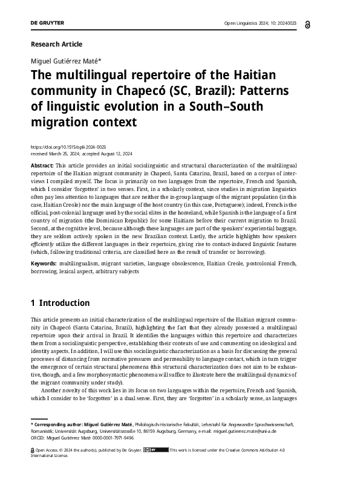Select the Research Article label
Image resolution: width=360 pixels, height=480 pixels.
coord(56,44)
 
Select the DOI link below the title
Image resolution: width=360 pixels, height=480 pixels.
coord(68,147)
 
